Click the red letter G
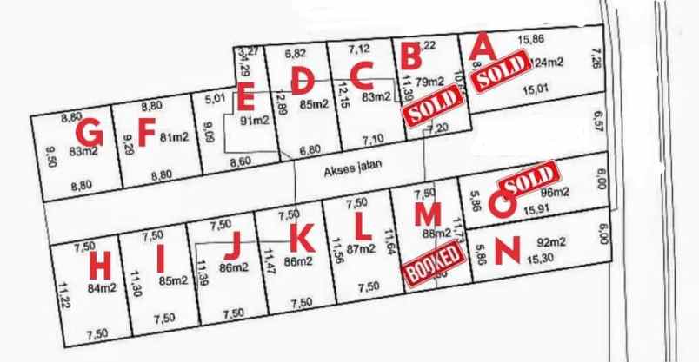(x=89, y=133)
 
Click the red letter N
(x=507, y=250)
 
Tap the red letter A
(x=483, y=43)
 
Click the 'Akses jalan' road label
(x=353, y=168)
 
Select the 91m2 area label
(x=255, y=121)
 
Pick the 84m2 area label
(x=102, y=287)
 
